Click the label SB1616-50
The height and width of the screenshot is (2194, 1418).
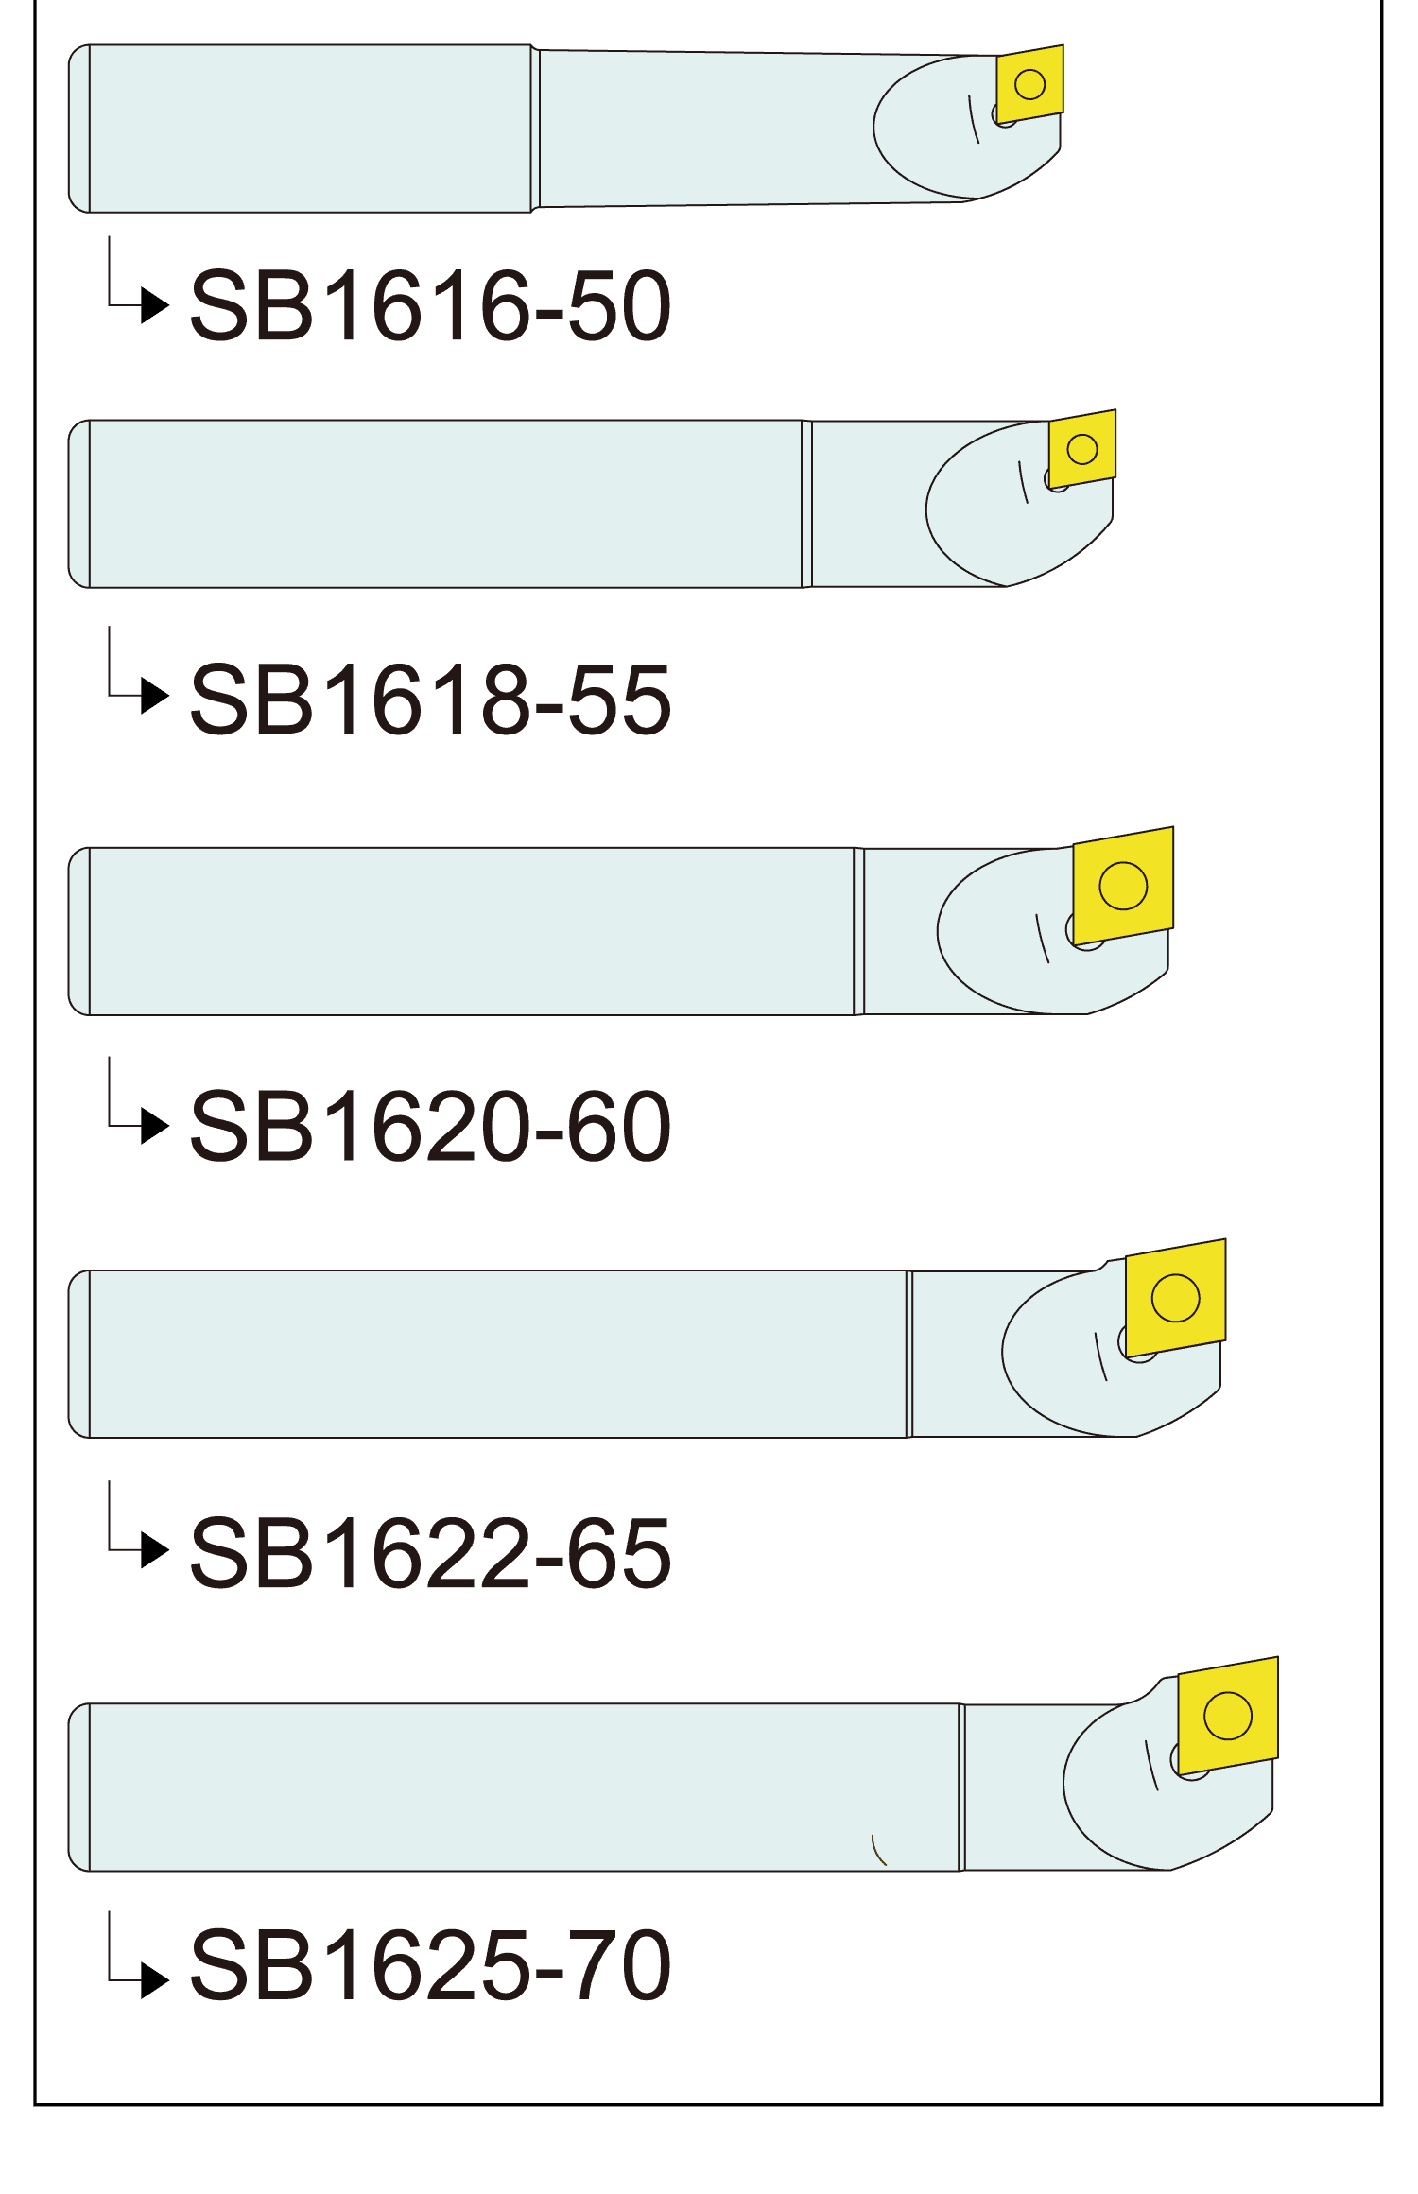pyautogui.click(x=430, y=305)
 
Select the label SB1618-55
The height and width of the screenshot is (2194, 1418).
pyautogui.click(x=430, y=700)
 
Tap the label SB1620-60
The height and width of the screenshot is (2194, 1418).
pyautogui.click(x=430, y=1126)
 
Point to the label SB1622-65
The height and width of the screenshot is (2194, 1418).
pyautogui.click(x=430, y=1552)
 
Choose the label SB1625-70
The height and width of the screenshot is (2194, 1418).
pyautogui.click(x=430, y=1965)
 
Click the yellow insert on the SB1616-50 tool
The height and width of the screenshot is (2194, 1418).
pyautogui.click(x=1029, y=83)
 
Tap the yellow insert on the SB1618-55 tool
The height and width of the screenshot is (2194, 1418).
pyautogui.click(x=1082, y=448)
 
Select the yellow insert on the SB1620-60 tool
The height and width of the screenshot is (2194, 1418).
pyautogui.click(x=1123, y=886)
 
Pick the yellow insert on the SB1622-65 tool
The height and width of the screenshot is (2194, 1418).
pyautogui.click(x=1175, y=1297)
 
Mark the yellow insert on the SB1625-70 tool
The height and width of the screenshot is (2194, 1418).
pyautogui.click(x=1228, y=1715)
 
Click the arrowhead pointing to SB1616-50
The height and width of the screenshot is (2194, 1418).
pyautogui.click(x=154, y=305)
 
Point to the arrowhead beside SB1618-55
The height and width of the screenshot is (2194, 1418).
pyautogui.click(x=154, y=696)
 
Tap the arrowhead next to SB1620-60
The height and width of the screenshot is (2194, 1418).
pyautogui.click(x=154, y=1126)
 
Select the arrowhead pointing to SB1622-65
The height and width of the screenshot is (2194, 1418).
pyautogui.click(x=154, y=1550)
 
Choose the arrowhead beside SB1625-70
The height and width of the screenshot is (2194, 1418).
pyautogui.click(x=154, y=1978)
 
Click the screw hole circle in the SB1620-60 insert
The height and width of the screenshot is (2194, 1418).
pyautogui.click(x=1123, y=886)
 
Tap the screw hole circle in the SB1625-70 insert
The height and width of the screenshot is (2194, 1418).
pyautogui.click(x=1228, y=1715)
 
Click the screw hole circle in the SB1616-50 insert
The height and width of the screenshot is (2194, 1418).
pyautogui.click(x=1029, y=84)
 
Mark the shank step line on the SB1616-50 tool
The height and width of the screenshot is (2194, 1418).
pyautogui.click(x=535, y=129)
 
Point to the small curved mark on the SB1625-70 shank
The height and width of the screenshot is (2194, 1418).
pyautogui.click(x=878, y=1850)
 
